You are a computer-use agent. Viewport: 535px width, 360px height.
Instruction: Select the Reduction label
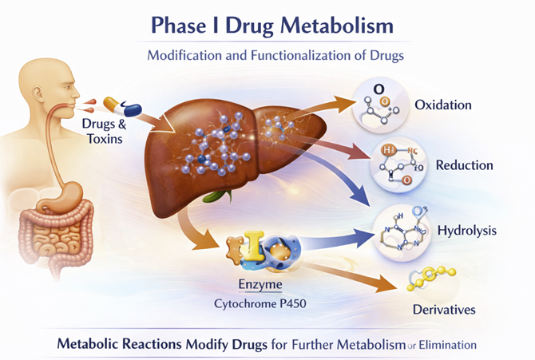pyautogui.click(x=464, y=166)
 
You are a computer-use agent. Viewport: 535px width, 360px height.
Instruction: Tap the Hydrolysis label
pyautogui.click(x=467, y=231)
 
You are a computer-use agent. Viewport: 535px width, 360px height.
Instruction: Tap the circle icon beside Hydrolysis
pyautogui.click(x=402, y=230)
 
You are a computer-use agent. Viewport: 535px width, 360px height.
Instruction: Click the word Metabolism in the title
pyautogui.click(x=336, y=26)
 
